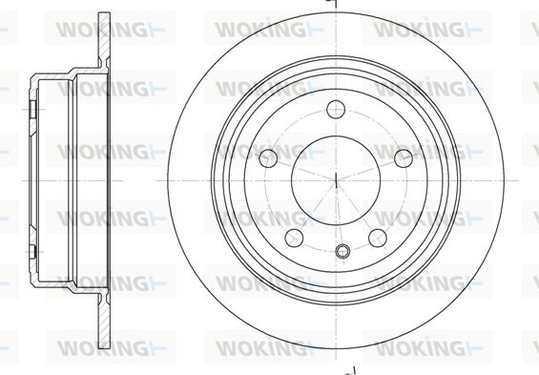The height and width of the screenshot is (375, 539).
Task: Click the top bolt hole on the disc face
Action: click(x=336, y=110)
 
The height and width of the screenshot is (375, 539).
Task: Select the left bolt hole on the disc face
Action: click(x=268, y=158)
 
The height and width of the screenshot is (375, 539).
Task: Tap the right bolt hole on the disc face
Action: click(x=404, y=158)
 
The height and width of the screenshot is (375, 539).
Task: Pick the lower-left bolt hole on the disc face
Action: click(x=294, y=238)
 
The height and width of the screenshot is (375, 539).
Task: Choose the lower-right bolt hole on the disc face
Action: click(x=378, y=238)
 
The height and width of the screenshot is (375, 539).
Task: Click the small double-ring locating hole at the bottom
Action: click(x=342, y=251)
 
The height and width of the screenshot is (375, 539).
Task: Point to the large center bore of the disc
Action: click(x=336, y=180)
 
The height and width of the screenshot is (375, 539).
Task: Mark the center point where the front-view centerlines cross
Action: click(x=336, y=180)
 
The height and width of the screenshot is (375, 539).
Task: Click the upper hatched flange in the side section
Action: click(x=104, y=41)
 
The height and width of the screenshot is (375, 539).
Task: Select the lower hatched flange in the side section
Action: click(x=104, y=321)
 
